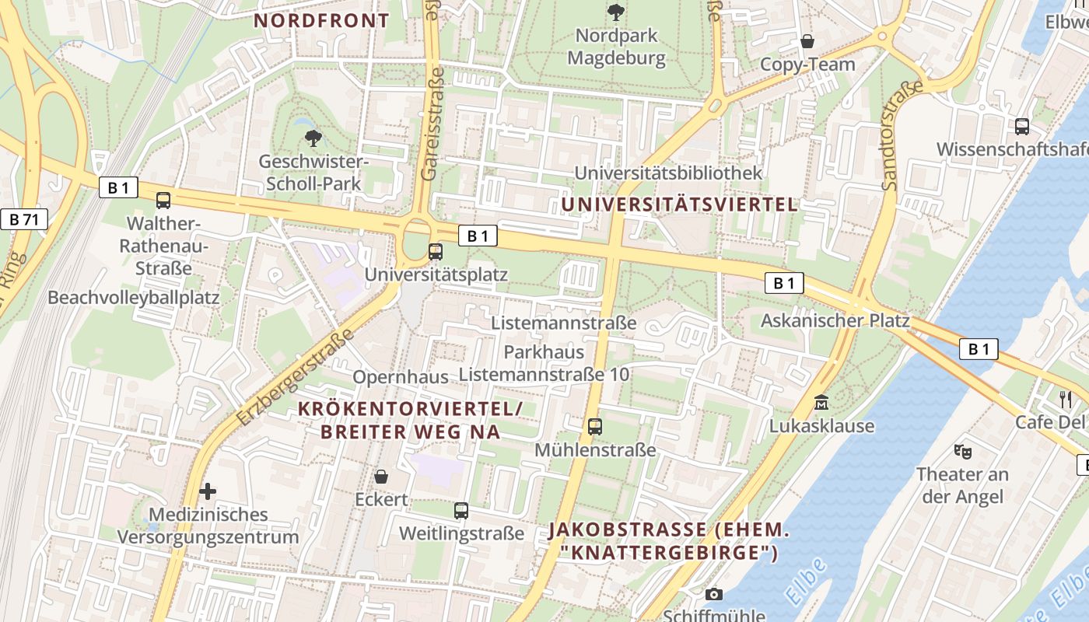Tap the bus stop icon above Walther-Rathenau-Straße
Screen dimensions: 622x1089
tap(163, 201)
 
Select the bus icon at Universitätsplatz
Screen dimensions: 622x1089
tap(436, 252)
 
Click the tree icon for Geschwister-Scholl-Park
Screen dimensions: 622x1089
tap(313, 139)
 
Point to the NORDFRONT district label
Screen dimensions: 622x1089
tap(321, 21)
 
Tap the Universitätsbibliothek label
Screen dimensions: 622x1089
tap(668, 173)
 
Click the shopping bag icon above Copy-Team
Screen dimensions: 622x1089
tap(807, 41)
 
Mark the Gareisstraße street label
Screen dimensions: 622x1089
tap(432, 124)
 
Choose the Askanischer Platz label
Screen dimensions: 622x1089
tap(835, 320)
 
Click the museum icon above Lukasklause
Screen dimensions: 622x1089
tap(821, 403)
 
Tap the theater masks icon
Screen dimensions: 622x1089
tap(962, 450)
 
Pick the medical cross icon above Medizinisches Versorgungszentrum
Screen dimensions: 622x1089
tap(208, 491)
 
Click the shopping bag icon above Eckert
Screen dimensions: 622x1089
tap(381, 476)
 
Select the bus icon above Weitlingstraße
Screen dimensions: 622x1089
tap(461, 511)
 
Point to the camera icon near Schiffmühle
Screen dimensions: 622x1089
tap(713, 595)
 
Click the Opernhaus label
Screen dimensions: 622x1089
tap(401, 377)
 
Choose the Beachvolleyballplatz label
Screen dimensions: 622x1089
tap(134, 298)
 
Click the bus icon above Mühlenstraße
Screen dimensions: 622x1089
tap(595, 426)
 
